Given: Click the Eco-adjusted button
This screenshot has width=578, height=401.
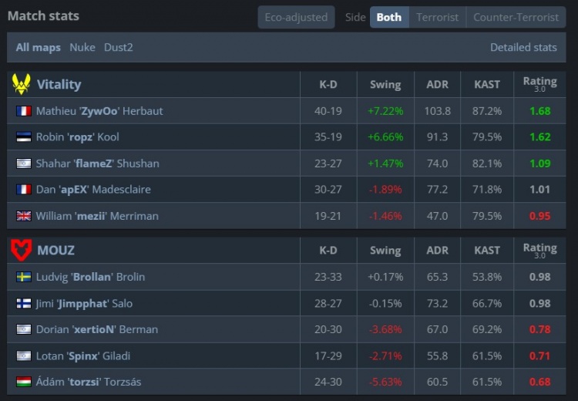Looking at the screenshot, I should pos(296,17).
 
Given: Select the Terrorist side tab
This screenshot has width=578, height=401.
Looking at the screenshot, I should pos(437,17).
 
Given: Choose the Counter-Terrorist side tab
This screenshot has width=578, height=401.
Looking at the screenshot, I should pos(516,17).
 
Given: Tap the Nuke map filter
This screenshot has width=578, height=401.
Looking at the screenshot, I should pos(82,47).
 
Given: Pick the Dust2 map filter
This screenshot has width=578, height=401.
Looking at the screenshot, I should pos(118,47).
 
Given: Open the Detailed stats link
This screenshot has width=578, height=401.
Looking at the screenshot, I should pos(523,47).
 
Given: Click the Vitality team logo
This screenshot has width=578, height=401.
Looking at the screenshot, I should pos(22,84).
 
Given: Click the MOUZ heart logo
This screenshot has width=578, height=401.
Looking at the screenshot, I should pos(22,250).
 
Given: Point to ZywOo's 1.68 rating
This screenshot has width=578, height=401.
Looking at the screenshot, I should pos(539,111).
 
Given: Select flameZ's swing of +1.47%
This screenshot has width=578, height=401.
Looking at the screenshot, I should pos(385,163).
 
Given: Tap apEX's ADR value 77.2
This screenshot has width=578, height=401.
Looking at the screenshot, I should pos(437,190).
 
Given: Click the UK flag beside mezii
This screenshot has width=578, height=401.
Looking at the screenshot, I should pos(23,216).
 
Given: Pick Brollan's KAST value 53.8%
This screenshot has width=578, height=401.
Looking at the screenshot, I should pos(487,277).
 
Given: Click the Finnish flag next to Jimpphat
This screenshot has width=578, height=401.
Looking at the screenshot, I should pos(23,303).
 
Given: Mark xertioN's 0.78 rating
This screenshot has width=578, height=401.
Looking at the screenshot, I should pos(539,329).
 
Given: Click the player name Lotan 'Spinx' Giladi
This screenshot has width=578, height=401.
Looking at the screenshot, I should pos(83,356).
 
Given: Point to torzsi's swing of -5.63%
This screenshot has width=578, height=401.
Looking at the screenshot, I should pos(385,382).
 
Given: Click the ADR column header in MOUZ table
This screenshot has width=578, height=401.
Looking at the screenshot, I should pos(437,250).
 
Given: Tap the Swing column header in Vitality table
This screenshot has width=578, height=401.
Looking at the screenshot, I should pos(385,84).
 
